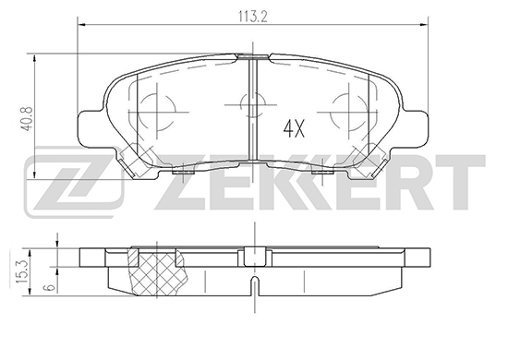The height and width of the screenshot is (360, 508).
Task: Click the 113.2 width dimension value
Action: coord(253,17)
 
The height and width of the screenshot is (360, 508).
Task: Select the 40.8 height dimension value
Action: coord(28,119)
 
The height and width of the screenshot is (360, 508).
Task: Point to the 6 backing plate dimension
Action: coord(50,287)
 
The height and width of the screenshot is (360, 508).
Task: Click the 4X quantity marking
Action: coord(294,128)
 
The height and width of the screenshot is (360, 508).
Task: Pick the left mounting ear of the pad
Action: coord(92,128)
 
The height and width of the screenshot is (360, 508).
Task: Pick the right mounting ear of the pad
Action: coord(414,128)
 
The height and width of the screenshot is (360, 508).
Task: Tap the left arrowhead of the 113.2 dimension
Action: coord(82,24)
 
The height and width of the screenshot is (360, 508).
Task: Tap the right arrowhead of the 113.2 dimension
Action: coord(424,24)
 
